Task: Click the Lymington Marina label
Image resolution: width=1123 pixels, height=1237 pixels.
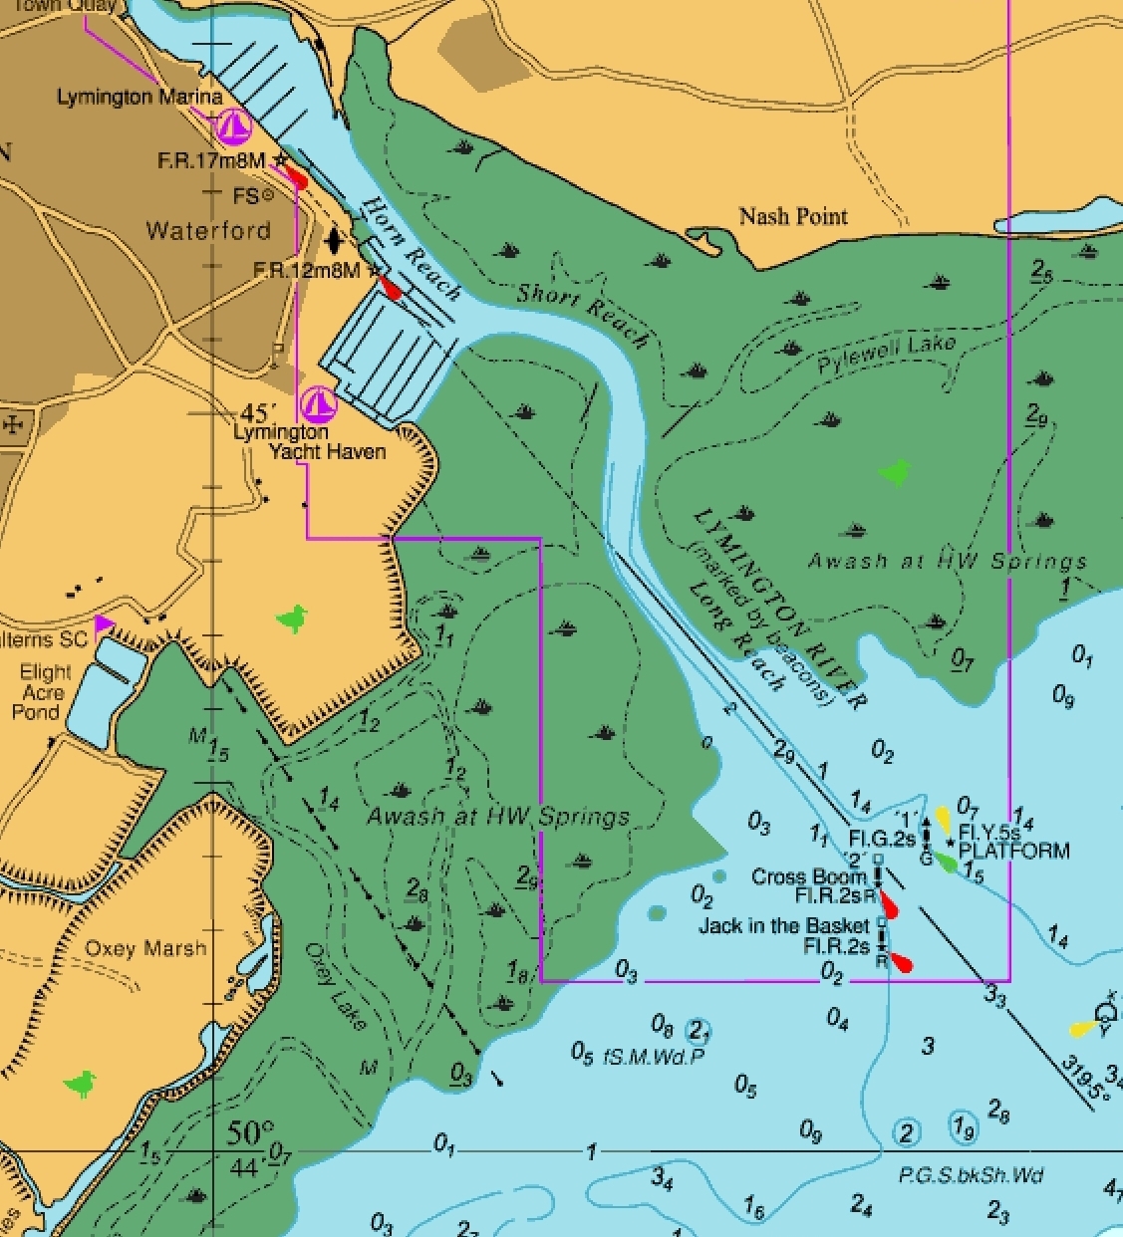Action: [139, 98]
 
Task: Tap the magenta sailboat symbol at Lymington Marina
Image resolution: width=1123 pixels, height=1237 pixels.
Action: [234, 126]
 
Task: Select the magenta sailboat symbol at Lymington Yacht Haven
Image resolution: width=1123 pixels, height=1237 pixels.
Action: [318, 404]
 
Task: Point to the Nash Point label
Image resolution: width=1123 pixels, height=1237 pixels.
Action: [793, 216]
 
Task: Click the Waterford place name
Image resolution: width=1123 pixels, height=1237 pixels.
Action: [208, 231]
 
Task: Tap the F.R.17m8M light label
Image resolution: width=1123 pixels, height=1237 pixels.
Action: [211, 161]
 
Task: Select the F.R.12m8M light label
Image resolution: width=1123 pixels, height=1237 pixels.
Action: [306, 270]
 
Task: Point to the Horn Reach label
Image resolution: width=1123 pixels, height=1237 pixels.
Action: [411, 250]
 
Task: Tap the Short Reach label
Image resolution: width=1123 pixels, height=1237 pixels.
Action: [583, 314]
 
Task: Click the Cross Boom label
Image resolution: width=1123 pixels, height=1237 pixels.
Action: [808, 877]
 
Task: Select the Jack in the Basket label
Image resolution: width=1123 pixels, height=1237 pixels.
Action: [783, 925]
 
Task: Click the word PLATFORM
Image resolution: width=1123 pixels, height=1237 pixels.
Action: [1013, 852]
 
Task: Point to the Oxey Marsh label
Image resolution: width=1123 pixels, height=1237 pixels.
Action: [145, 948]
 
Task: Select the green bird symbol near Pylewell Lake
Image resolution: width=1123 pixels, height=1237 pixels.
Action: [896, 471]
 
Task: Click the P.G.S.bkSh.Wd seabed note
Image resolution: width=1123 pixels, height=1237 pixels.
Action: [971, 1176]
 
